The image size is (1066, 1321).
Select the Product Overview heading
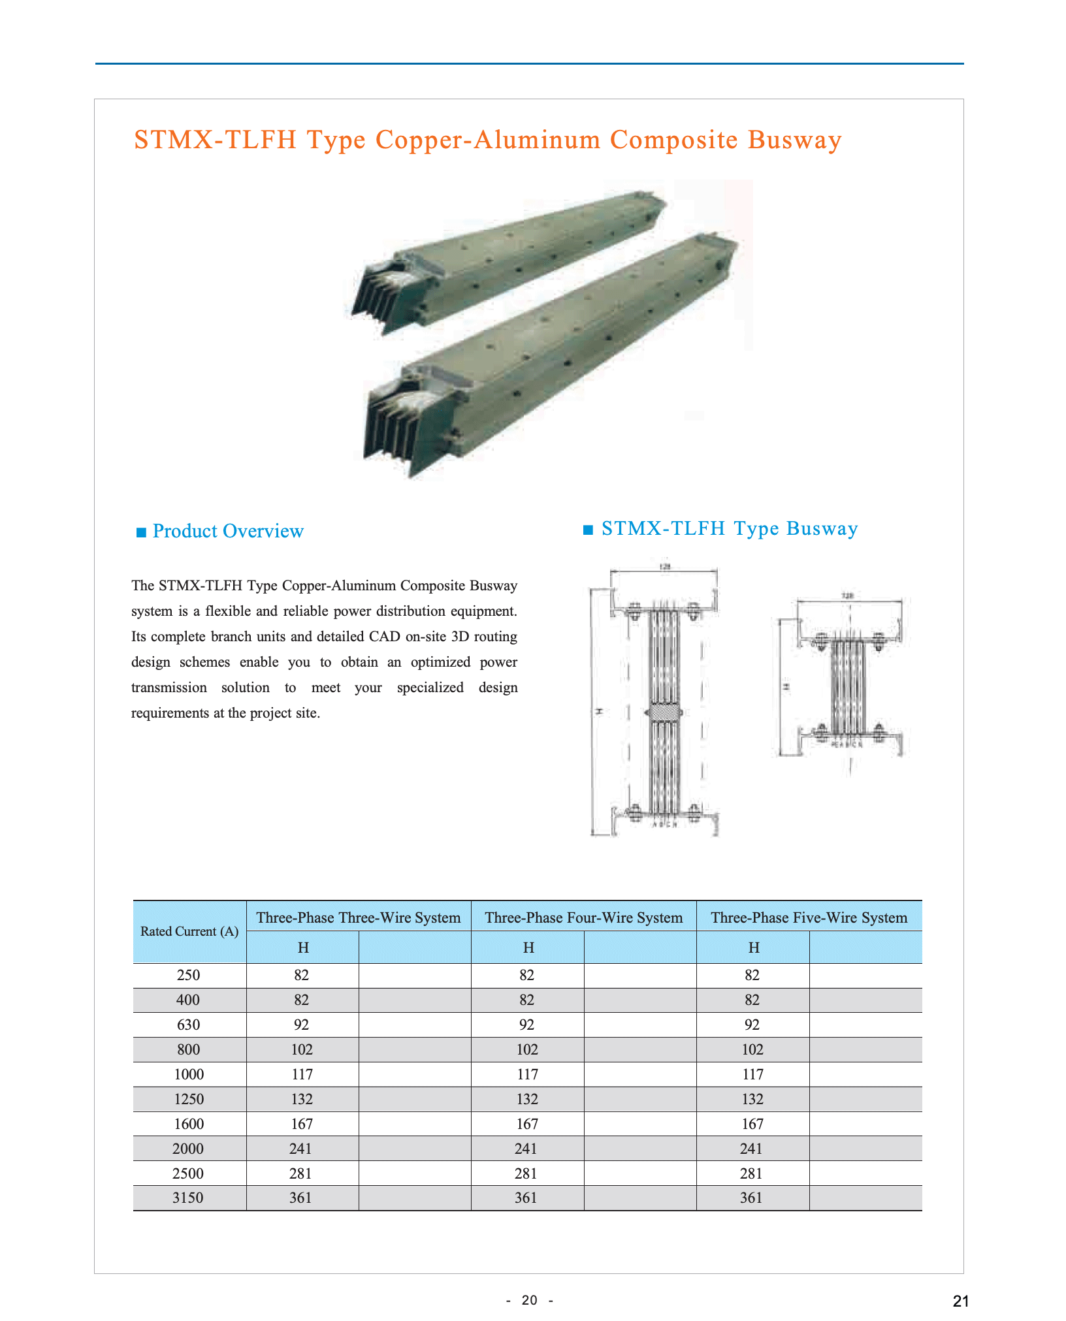228,531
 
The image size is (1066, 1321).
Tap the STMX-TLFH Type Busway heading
729,528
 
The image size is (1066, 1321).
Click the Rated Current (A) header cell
189,931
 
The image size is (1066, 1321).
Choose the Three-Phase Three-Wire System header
359,917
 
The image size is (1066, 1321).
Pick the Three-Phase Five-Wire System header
809,917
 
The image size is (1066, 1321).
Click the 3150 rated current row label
188,1198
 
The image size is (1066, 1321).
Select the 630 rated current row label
188,1025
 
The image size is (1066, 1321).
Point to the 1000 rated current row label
189,1074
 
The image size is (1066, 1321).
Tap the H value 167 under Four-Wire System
526,1124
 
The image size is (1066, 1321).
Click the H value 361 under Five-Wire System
751,1198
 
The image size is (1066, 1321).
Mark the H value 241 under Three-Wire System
301,1149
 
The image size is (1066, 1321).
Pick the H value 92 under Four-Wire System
526,1025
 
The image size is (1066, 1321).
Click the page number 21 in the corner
961,1301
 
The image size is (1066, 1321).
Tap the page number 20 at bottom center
530,1300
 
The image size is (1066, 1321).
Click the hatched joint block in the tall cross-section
665,712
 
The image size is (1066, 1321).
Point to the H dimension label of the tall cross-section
598,711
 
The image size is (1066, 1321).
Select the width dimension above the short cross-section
847,596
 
